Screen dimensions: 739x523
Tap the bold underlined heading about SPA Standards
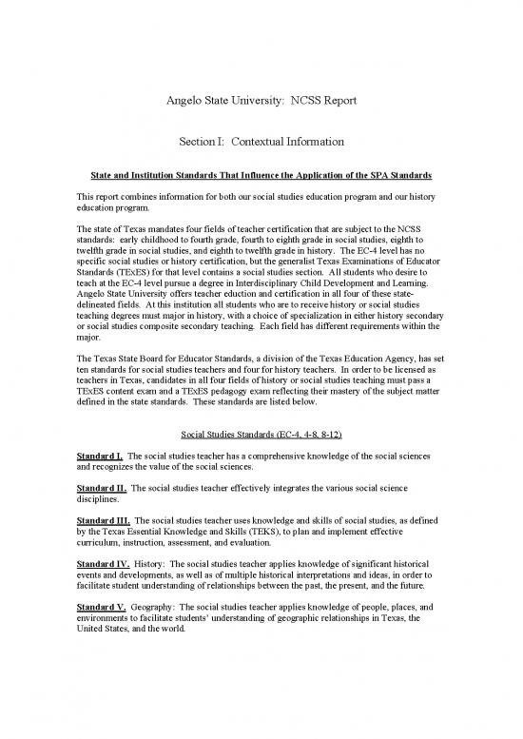pos(261,177)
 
